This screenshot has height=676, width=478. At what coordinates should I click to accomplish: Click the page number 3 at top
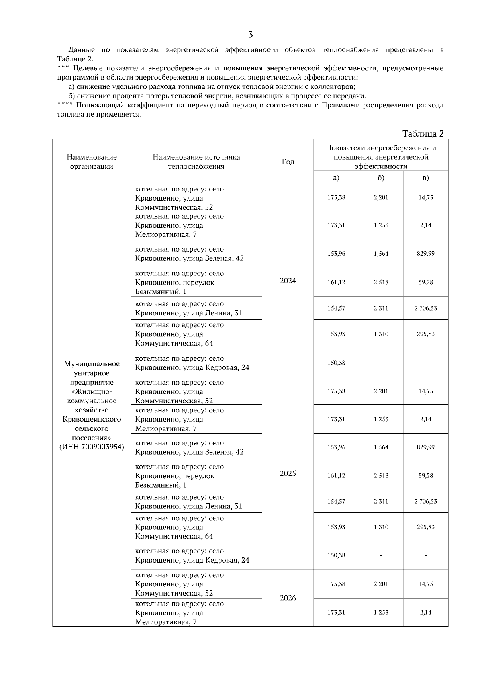click(x=250, y=35)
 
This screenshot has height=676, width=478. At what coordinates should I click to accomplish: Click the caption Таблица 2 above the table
click(x=423, y=133)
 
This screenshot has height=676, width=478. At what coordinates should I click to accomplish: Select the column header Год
click(x=288, y=162)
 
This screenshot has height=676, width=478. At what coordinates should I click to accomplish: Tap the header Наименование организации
click(x=92, y=162)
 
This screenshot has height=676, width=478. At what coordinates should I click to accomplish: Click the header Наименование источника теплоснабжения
click(x=196, y=162)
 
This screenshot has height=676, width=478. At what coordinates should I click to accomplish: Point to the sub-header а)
click(x=336, y=178)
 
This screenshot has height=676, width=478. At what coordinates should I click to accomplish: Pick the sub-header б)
click(x=381, y=178)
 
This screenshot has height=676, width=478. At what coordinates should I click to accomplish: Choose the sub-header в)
click(x=425, y=178)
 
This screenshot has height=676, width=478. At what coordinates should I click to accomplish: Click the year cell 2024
click(x=288, y=281)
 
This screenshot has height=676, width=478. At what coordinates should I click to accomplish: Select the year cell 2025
click(x=288, y=474)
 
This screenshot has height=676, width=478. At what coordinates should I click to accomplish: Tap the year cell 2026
click(x=288, y=598)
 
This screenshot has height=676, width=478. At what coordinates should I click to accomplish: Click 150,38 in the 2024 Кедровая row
click(x=336, y=363)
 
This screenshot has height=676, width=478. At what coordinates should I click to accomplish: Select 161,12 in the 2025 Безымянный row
click(x=336, y=476)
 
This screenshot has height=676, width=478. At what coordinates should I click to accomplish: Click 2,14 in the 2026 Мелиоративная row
click(x=425, y=613)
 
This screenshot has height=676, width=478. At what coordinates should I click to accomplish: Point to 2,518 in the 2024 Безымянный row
click(x=381, y=282)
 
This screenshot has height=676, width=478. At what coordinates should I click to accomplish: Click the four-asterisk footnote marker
click(x=65, y=104)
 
